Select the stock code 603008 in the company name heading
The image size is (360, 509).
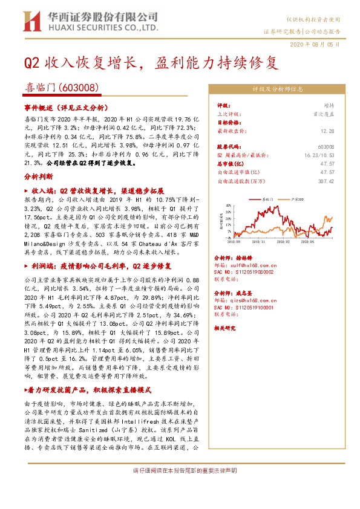(80, 87)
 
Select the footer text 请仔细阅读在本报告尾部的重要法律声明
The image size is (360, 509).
(180, 470)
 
